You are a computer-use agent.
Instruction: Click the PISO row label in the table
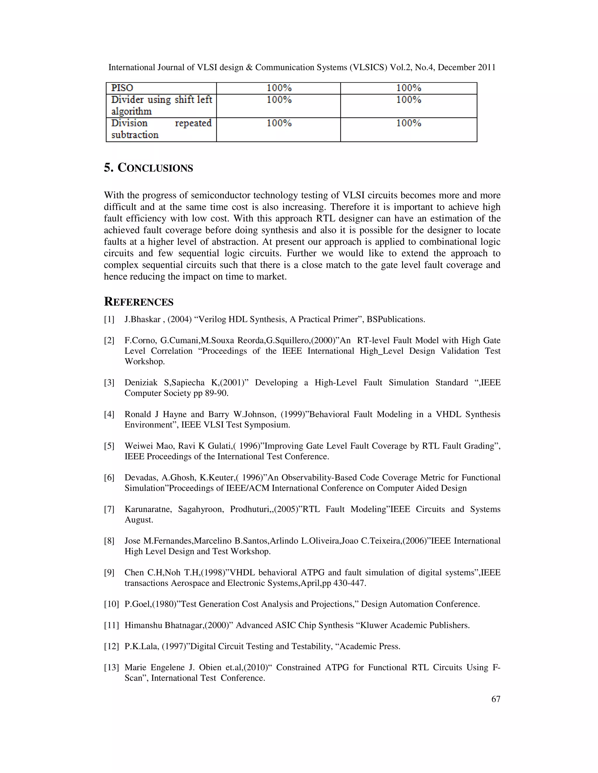pos(122,88)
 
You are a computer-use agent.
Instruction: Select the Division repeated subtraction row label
pos(161,129)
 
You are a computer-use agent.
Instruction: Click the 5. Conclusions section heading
pos(148,168)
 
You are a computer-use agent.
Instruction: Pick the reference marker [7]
pos(109,509)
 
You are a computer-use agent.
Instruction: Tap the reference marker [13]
pos(111,667)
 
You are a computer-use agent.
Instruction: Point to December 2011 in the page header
pos(467,67)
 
